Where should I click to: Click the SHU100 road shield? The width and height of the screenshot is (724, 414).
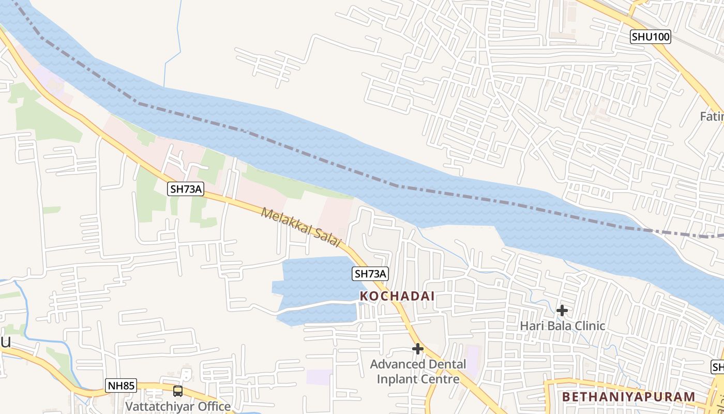pyautogui.click(x=650, y=37)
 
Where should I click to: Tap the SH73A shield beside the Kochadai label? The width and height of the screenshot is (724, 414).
pyautogui.click(x=370, y=274)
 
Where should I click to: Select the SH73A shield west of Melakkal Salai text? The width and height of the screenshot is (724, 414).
pyautogui.click(x=186, y=189)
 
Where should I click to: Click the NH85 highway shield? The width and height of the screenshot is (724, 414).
pyautogui.click(x=122, y=386)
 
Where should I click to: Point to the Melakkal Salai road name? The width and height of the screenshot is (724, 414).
pyautogui.click(x=301, y=227)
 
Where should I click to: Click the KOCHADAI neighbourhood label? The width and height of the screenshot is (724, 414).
pyautogui.click(x=397, y=297)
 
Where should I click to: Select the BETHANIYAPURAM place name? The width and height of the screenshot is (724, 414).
pyautogui.click(x=628, y=397)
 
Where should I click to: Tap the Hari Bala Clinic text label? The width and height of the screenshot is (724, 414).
pyautogui.click(x=562, y=326)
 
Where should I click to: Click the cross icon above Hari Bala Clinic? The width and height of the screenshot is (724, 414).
pyautogui.click(x=562, y=310)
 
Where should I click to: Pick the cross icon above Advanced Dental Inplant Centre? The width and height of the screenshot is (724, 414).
pyautogui.click(x=418, y=349)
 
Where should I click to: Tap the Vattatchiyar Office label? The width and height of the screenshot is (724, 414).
pyautogui.click(x=178, y=406)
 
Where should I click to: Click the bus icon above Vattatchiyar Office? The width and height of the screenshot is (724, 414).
pyautogui.click(x=178, y=391)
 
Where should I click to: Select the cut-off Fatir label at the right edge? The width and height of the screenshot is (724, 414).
pyautogui.click(x=712, y=116)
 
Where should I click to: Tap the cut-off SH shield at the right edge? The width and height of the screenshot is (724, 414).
pyautogui.click(x=718, y=367)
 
